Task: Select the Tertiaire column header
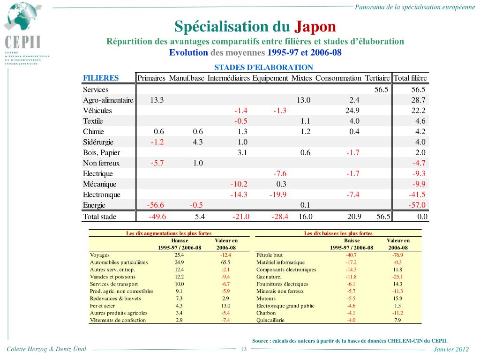pos(377,78)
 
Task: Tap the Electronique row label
pos(102,195)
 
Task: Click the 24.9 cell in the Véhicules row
pos(352,111)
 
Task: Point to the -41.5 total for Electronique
pos(417,195)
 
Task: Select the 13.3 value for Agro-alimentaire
pos(157,100)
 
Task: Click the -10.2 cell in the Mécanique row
pos(239,184)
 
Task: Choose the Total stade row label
pos(100,217)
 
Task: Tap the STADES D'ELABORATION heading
pos(263,67)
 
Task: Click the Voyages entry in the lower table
pos(100,255)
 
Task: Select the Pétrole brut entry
pos(270,255)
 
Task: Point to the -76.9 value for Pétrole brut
pos(397,255)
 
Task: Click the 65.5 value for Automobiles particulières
pos(226,262)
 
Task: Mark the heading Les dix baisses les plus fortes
pos(338,233)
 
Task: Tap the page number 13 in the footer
pos(244,349)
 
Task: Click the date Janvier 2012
pos(451,350)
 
